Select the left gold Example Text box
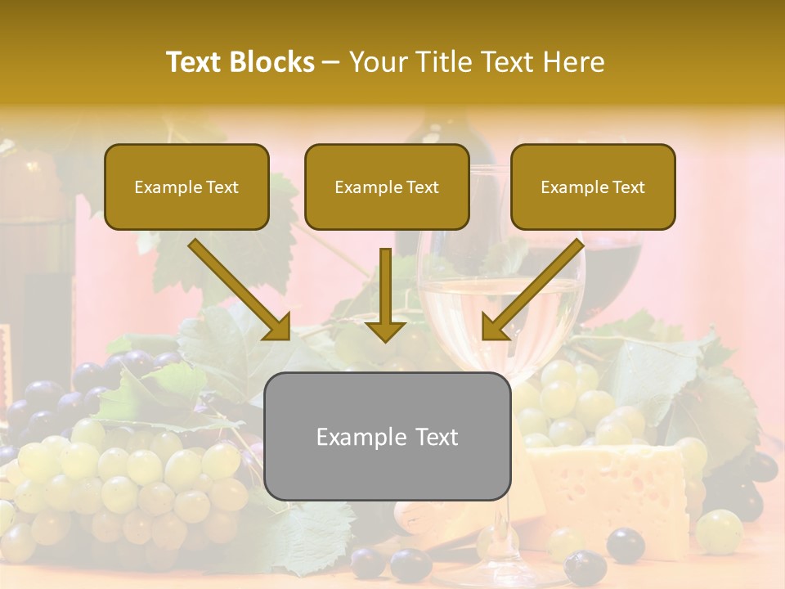tap(186, 187)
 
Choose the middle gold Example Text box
tap(387, 187)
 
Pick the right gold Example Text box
tap(593, 187)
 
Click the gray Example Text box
tap(387, 436)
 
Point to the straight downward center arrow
tap(385, 294)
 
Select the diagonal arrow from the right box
tap(532, 290)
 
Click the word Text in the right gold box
tap(628, 187)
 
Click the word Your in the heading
tap(378, 62)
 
